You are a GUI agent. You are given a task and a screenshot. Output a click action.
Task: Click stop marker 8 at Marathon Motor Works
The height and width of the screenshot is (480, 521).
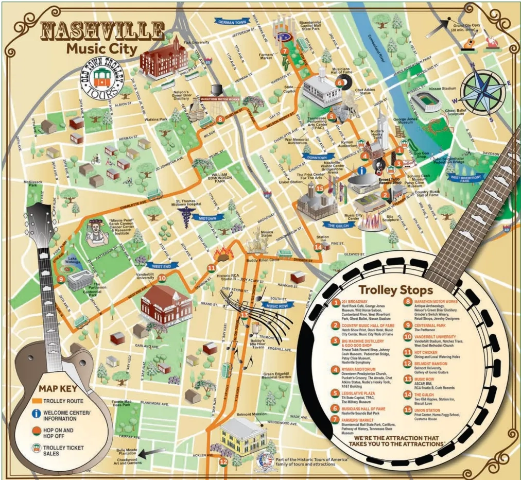click(x=220, y=119)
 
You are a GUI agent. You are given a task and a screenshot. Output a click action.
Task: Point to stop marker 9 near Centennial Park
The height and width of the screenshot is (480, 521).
click(x=61, y=280)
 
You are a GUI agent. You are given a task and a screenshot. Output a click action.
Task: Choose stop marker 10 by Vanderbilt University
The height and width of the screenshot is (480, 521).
click(x=162, y=278)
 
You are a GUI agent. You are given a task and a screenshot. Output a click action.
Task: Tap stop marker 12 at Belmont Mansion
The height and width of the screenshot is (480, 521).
click(x=223, y=462)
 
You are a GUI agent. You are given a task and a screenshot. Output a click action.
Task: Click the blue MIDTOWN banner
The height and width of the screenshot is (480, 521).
click(x=212, y=218)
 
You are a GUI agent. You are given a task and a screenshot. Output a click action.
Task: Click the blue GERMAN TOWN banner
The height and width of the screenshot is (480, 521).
click(x=233, y=22)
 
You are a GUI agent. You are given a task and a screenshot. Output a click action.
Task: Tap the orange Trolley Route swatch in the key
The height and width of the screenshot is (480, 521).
click(x=36, y=401)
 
